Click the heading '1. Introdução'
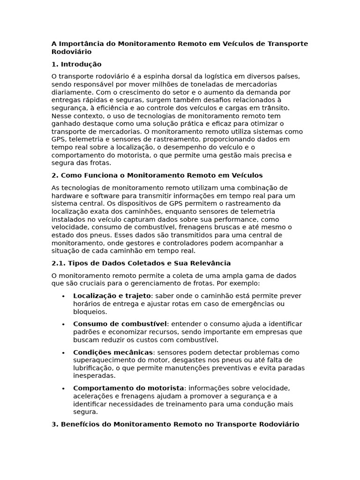point(76,64)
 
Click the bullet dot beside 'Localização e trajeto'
point(63,296)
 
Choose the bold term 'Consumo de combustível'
point(120,324)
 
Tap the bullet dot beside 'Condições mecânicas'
point(63,352)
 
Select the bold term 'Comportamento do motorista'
point(128,388)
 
